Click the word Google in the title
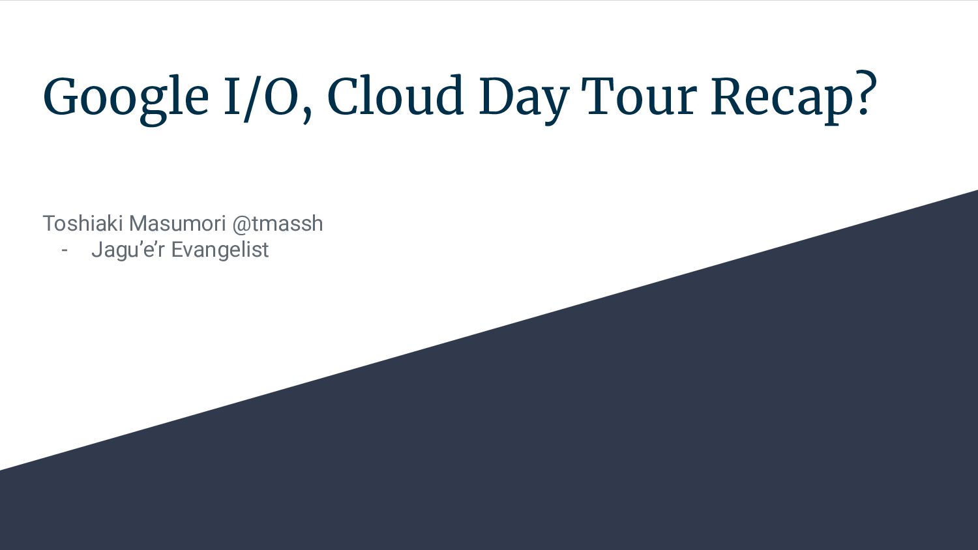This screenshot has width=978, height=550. coord(125,98)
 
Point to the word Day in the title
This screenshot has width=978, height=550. coord(523,98)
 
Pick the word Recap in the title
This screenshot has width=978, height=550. coord(782,98)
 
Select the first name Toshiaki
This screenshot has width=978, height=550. coord(83,224)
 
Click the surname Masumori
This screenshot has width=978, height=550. coord(177,224)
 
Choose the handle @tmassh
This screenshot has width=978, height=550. coord(277,224)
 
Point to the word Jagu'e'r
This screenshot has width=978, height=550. coord(128,250)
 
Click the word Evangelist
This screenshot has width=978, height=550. coord(220,250)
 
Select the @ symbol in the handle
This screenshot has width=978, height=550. coord(241,224)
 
